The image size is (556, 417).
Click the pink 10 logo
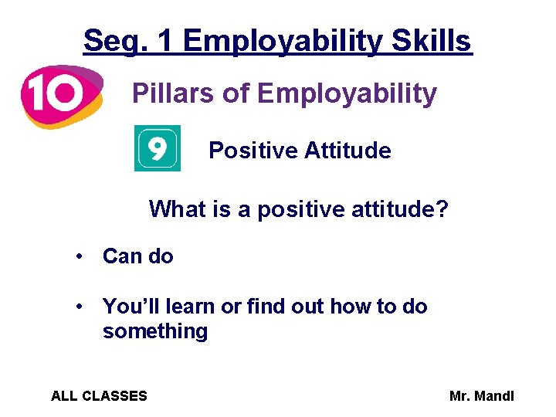(x=60, y=95)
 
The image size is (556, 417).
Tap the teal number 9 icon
(x=157, y=148)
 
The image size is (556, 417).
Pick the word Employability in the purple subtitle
(x=347, y=94)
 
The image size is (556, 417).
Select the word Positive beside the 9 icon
(x=253, y=150)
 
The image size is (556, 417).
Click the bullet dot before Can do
(x=80, y=257)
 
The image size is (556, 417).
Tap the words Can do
(x=138, y=256)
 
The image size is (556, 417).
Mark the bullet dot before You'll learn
(x=80, y=307)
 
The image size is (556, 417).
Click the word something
(x=155, y=331)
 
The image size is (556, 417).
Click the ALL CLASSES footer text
(x=99, y=396)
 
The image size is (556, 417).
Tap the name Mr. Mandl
(x=481, y=396)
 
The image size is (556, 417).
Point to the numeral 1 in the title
(x=163, y=41)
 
